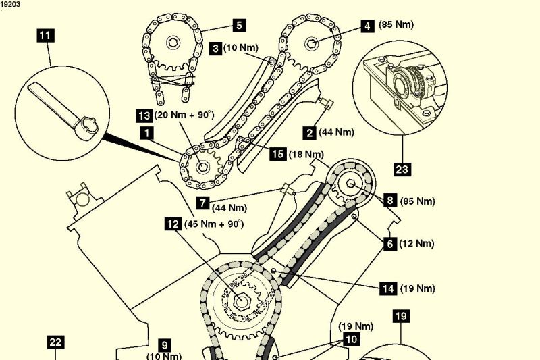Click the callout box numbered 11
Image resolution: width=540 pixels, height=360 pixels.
(46, 35)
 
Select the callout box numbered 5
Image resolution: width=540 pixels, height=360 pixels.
(238, 26)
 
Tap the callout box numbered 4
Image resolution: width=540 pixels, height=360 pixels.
(367, 26)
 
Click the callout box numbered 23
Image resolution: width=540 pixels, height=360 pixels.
(403, 169)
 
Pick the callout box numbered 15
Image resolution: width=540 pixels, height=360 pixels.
(277, 155)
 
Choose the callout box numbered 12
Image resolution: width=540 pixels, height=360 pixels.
(173, 223)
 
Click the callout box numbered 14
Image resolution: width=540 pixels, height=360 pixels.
(388, 288)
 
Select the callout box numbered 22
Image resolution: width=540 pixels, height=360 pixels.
(55, 342)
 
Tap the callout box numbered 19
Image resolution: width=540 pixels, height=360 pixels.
(400, 315)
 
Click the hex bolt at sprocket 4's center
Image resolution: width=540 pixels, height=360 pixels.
(312, 44)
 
